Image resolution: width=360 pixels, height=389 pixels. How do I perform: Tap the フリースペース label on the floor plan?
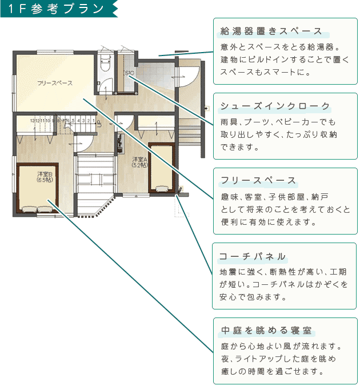[x=55, y=84]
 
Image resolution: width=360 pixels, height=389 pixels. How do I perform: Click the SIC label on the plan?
[x=129, y=73]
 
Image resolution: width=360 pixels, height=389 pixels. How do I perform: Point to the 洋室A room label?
[x=140, y=162]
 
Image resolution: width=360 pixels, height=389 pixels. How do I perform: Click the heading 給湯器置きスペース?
[x=271, y=31]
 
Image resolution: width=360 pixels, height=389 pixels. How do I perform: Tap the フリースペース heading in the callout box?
[x=258, y=181]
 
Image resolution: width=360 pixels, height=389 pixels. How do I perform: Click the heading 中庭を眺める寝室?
[x=266, y=331]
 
